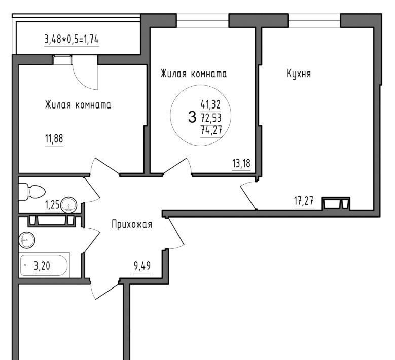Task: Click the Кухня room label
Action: [299, 74]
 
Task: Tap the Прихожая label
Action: [132, 224]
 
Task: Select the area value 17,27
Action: [304, 201]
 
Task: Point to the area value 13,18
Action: [241, 163]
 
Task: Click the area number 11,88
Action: [54, 138]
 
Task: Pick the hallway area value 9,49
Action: [142, 266]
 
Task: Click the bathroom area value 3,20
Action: [42, 266]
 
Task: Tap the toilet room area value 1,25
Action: [52, 205]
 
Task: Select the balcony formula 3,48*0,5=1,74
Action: [71, 40]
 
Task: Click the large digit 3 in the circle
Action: [192, 117]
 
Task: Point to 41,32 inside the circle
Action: [210, 104]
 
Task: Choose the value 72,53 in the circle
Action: [211, 118]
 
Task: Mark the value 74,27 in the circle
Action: [211, 130]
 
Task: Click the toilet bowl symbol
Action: [31, 192]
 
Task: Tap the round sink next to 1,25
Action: [68, 204]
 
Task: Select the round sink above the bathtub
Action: [27, 240]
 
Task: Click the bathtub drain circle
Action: [25, 265]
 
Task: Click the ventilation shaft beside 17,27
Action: [336, 203]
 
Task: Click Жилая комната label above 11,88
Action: [78, 105]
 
